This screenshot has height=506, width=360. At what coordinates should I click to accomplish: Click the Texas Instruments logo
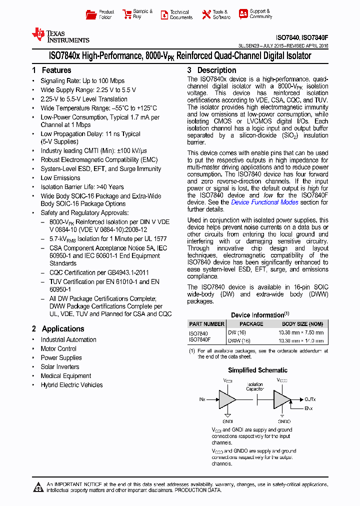(60, 35)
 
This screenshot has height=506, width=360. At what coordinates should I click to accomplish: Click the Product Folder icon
(91, 14)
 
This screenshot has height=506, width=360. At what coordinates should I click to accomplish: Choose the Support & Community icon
(243, 14)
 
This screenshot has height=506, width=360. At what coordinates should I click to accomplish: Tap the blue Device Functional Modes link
(264, 202)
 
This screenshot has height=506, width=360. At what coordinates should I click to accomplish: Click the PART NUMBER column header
(206, 324)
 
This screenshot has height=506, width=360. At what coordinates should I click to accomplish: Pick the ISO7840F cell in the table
(199, 340)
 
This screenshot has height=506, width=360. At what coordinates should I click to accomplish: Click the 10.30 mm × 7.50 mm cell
(301, 332)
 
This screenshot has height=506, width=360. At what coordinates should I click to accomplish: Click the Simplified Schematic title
(257, 370)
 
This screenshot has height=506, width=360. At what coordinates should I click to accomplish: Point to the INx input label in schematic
(202, 399)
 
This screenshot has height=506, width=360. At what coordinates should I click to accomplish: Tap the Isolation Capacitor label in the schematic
(254, 386)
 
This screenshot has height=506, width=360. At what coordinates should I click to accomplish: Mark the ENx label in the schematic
(309, 408)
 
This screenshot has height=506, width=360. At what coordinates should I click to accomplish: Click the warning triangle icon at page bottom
(38, 486)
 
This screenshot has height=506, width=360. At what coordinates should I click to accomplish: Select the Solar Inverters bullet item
(59, 367)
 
